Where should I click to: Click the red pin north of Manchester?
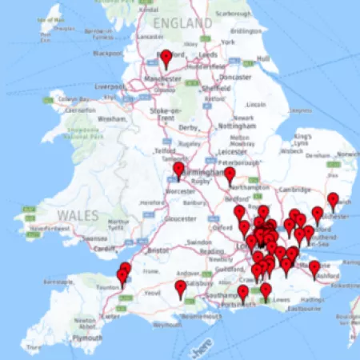click(x=166, y=58)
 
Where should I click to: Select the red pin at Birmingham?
click(x=178, y=170)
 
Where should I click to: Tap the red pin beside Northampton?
click(x=230, y=174)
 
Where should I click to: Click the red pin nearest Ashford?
click(x=314, y=268)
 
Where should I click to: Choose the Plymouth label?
click(x=87, y=338)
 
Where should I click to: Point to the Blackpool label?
click(x=108, y=54)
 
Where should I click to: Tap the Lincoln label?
click(x=256, y=104)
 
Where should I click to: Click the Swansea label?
click(x=95, y=238)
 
